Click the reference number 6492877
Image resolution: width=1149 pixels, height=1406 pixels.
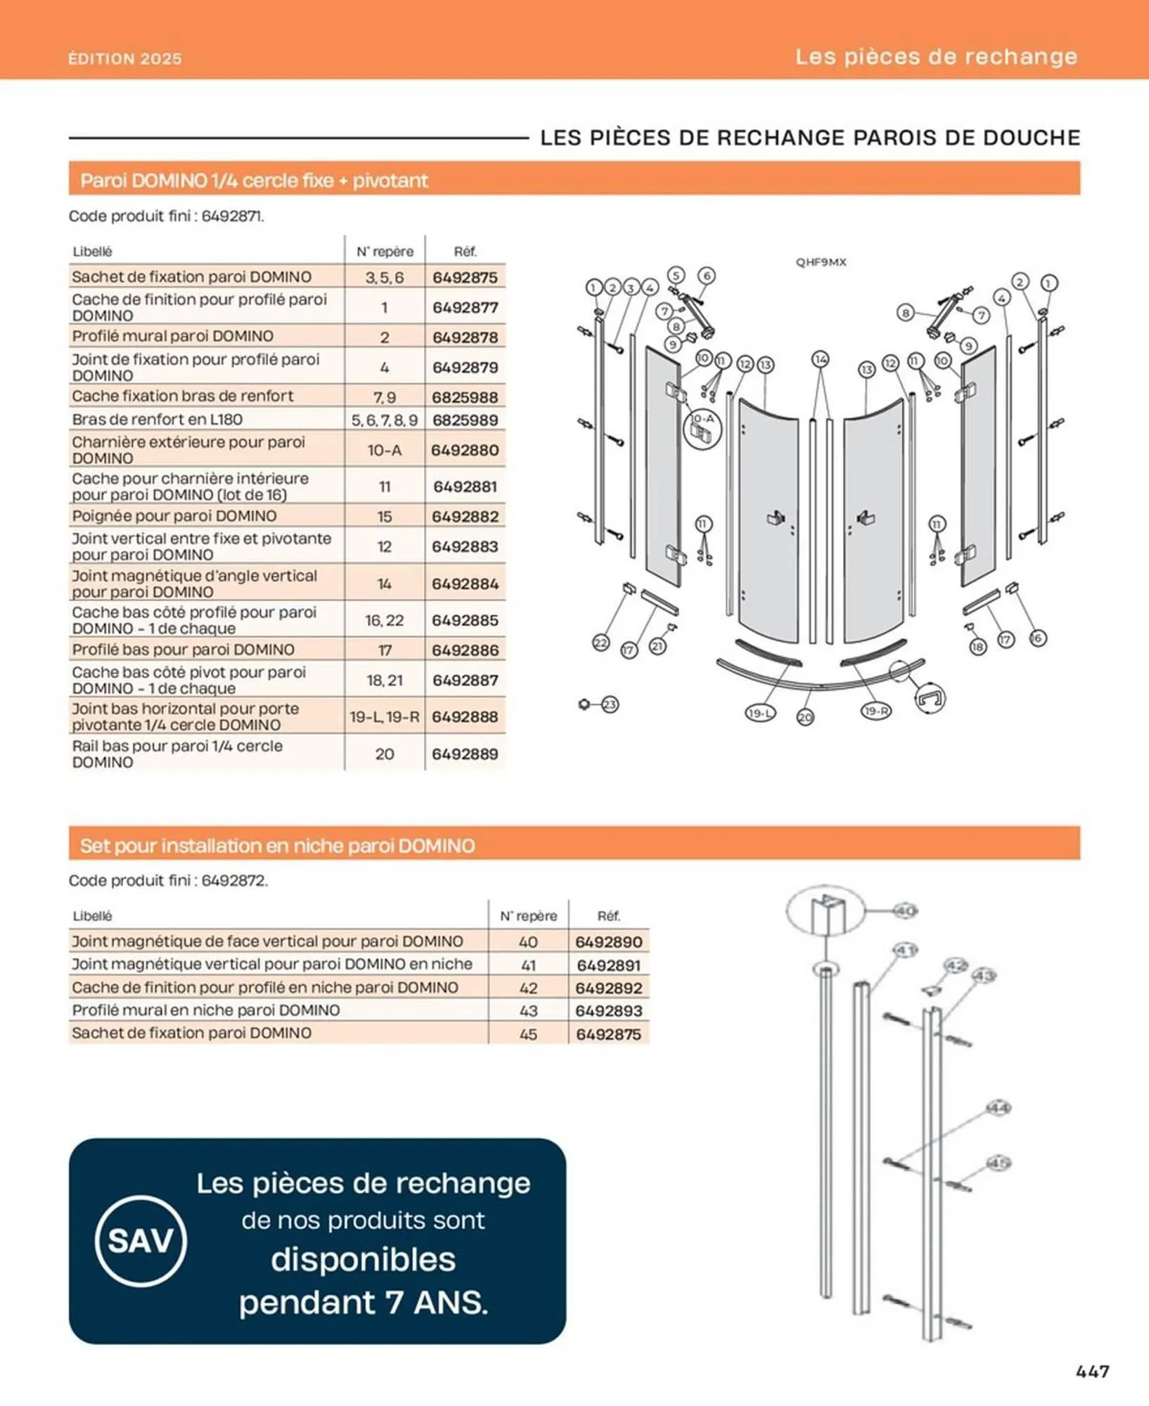[x=465, y=307]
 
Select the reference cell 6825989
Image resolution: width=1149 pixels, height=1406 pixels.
[x=465, y=420]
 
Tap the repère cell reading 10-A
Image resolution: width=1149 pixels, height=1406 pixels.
[x=385, y=450]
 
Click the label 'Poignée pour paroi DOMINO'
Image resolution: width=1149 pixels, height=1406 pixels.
[x=174, y=516]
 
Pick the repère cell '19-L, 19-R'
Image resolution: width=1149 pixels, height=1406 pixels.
[x=385, y=717]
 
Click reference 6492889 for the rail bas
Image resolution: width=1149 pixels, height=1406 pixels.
[x=465, y=754]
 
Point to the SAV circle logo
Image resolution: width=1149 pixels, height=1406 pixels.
[x=141, y=1240]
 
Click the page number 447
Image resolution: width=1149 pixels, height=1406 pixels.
[x=1093, y=1371]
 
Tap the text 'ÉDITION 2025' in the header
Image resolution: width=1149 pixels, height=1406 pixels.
[x=125, y=59]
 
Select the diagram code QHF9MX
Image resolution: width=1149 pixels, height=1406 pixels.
[x=821, y=262]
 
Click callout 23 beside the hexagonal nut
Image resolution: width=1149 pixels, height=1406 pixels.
[x=610, y=704]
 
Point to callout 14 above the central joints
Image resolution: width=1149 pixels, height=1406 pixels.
[x=821, y=359]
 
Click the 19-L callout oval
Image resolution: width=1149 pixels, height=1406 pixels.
[x=759, y=713]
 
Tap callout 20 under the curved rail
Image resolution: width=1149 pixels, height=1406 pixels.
[x=805, y=717]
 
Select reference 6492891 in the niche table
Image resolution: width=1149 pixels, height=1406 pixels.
[x=608, y=965]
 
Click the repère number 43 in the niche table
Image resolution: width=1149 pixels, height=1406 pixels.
[x=528, y=1010]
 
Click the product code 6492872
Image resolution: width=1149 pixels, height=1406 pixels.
[x=233, y=880]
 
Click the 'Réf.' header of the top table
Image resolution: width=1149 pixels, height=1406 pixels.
[x=465, y=251]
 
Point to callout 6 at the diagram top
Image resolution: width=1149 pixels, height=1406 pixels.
[x=707, y=276]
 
